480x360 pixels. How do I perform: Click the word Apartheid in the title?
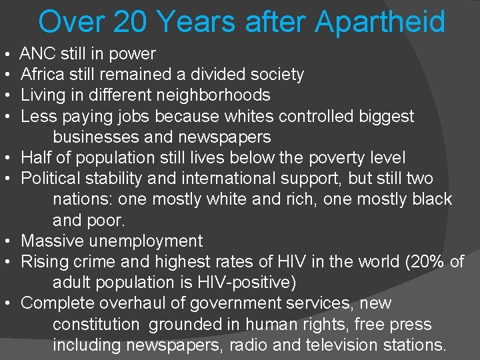(x=380, y=21)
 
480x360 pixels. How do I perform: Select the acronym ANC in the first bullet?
(x=36, y=54)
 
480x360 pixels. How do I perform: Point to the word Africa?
(x=40, y=75)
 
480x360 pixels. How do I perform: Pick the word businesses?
(x=96, y=137)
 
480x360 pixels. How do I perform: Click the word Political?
(x=49, y=179)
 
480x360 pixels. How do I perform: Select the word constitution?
(x=97, y=325)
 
